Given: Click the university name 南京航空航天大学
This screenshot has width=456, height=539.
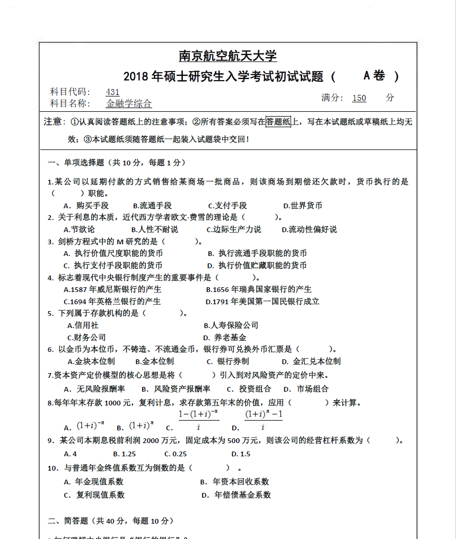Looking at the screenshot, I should point(227,56).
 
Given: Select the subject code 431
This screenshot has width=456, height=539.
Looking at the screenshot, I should point(113,92).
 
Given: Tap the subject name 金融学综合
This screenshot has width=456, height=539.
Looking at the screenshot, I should point(129,104).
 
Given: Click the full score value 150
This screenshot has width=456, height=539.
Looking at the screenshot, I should point(359,98).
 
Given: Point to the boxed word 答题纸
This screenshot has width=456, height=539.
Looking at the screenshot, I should point(278,122).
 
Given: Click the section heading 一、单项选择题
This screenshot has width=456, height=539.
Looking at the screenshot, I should point(77,162).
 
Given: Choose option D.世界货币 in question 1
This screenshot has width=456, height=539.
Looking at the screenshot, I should point(303,206).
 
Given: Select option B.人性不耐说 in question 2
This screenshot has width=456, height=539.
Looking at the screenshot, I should point(154,229).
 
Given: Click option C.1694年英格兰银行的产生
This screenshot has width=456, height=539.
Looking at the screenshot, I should point(112,301).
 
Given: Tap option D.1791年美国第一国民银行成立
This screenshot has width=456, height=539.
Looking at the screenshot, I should point(262,301).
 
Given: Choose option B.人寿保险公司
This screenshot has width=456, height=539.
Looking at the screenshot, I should point(231,325).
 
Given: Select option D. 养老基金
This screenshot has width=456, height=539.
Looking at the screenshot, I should point(225,337).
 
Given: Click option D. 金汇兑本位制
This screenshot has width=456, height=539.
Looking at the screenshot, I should point(311,361).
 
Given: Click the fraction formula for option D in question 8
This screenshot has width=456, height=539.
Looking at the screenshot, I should point(264,420).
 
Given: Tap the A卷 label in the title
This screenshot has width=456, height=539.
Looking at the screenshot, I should point(374,76).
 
